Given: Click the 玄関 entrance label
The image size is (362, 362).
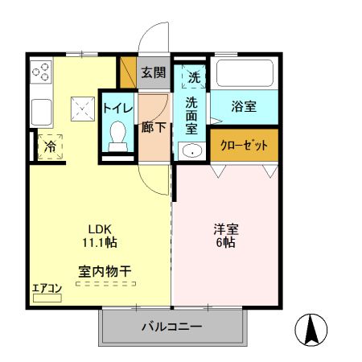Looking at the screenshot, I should coord(154,72).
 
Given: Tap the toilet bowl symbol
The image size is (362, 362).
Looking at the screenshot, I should coord(118,134).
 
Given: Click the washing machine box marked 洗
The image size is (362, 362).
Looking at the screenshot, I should coord(194,78).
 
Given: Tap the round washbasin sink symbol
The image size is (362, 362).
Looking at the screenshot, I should coord(191,151).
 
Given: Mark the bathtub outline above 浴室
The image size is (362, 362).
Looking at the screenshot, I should coord(244,75).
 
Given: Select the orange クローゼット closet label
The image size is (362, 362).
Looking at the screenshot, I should coord(244,146).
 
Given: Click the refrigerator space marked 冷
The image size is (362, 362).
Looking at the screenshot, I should coord(50,146).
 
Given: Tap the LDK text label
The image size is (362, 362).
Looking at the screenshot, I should coord(99,228).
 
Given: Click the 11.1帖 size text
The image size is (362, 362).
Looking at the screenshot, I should coord(100,242).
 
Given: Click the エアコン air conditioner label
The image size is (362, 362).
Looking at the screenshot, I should coord(47,288).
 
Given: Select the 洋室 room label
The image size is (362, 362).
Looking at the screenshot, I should coord(225,228).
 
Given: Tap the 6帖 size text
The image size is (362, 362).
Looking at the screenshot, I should coord(225,242).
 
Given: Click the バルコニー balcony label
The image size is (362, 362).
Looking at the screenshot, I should coord(172,327).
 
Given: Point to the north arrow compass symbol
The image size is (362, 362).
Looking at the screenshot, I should coord(312,330).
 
